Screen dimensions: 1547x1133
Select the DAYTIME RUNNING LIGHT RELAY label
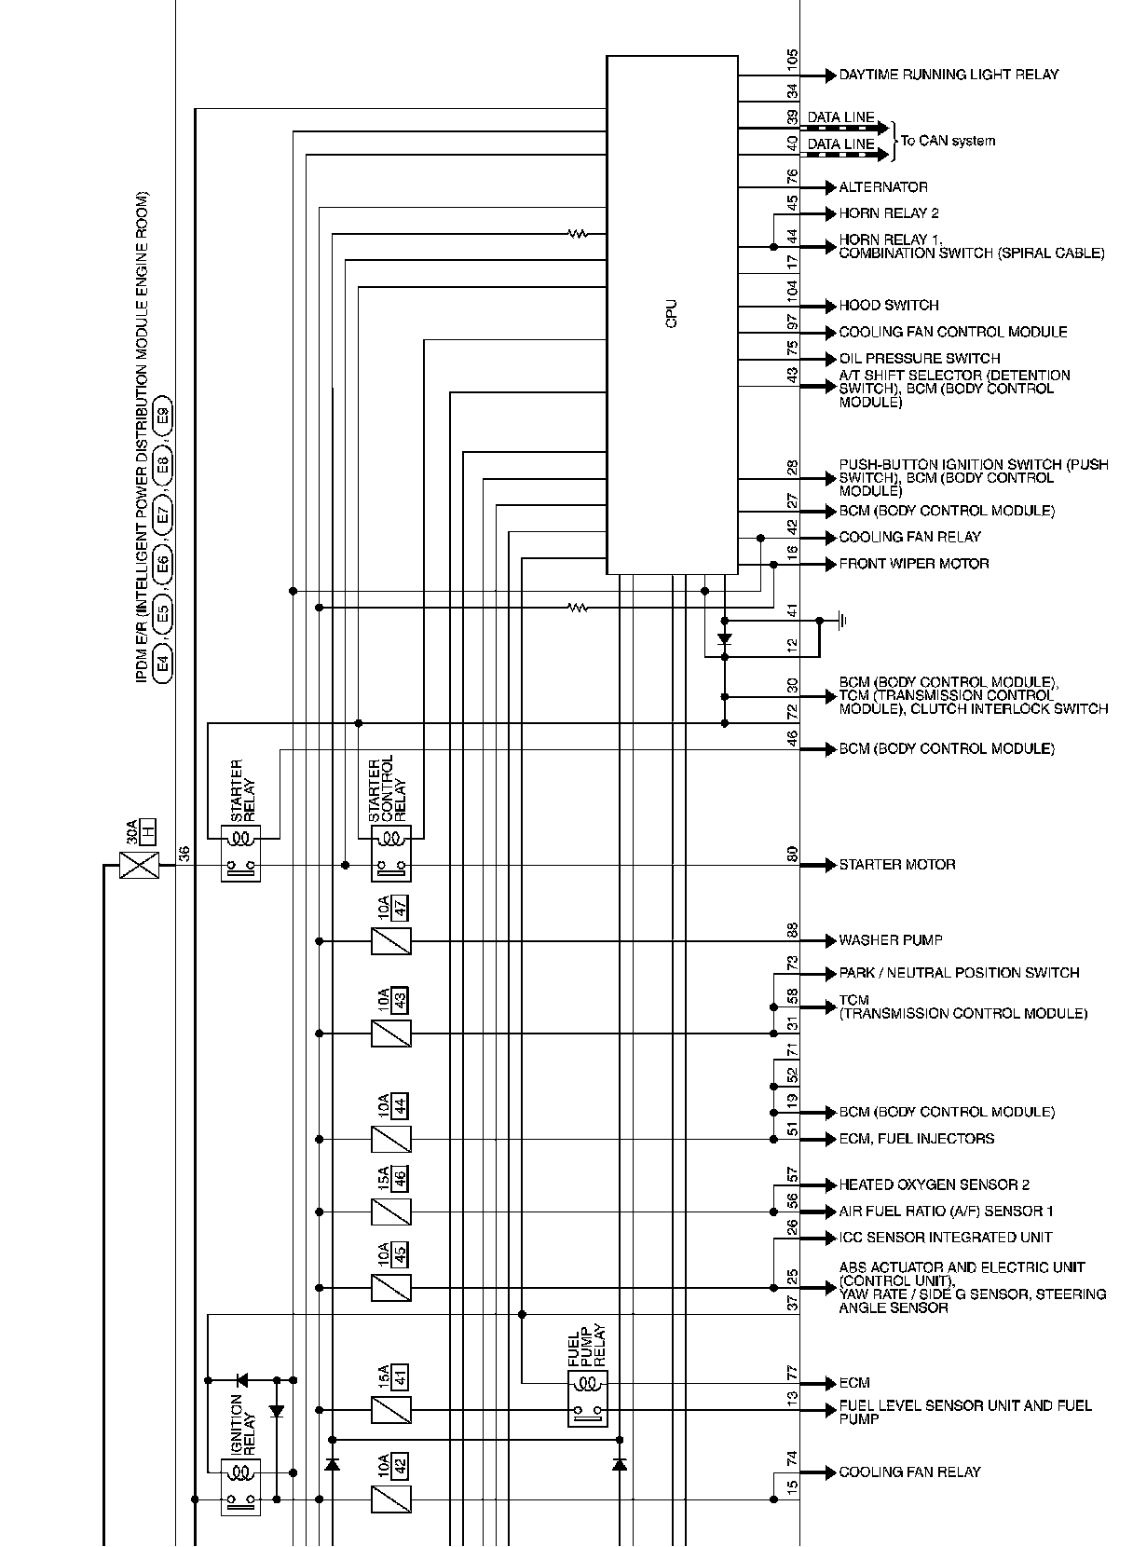(949, 75)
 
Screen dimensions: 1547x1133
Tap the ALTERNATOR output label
(883, 187)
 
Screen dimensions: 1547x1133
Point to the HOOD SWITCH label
(889, 306)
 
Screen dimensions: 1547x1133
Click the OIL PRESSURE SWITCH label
(920, 359)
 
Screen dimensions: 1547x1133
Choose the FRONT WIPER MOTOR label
(914, 564)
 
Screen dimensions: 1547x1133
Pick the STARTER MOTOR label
(897, 865)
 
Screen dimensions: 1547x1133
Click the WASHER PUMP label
(891, 940)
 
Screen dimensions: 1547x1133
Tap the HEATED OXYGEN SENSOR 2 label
(935, 1185)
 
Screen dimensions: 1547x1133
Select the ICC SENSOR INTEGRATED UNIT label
(946, 1238)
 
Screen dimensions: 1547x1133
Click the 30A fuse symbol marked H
(140, 867)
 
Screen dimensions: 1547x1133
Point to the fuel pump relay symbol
(587, 1398)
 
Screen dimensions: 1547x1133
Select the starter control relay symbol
(390, 853)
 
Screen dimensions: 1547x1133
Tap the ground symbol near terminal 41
(841, 620)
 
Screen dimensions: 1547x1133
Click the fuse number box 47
(401, 908)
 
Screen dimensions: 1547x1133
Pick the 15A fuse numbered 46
(391, 1212)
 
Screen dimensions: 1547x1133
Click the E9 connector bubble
(162, 416)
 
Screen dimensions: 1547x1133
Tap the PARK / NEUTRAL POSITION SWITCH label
(959, 973)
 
